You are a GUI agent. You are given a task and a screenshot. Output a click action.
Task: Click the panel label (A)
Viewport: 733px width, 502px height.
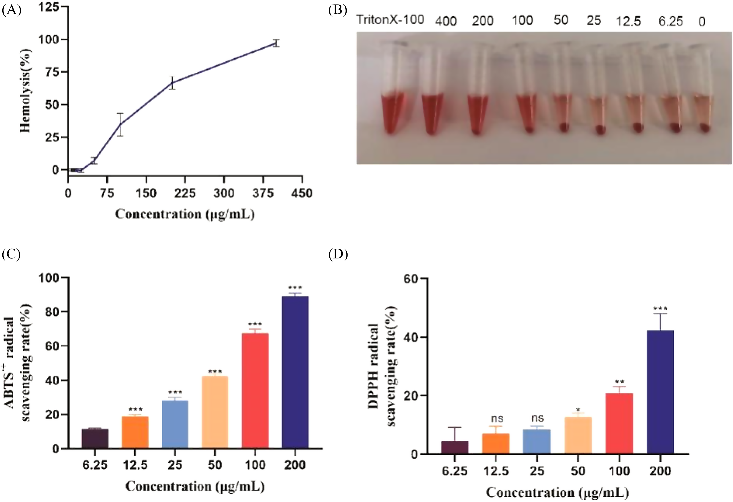coord(12,10)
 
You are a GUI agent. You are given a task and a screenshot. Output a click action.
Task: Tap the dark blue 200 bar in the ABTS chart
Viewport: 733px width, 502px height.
coord(295,372)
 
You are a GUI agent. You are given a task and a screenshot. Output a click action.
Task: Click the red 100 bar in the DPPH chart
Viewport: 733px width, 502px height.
coord(619,423)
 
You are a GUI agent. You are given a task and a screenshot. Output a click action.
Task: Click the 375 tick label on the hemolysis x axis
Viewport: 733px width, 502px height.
coord(263,193)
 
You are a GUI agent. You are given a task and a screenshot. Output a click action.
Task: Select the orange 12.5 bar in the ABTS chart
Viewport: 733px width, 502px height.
coord(135,432)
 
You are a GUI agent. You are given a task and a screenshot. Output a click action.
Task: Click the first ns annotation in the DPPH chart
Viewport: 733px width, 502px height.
coord(497,419)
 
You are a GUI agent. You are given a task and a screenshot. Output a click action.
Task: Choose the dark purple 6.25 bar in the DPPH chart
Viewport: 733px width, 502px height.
coord(455,447)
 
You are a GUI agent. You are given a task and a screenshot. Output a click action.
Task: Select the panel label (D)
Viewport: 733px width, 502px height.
coord(338,254)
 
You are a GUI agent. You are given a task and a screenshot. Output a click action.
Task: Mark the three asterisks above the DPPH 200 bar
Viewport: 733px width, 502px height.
coord(660,308)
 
